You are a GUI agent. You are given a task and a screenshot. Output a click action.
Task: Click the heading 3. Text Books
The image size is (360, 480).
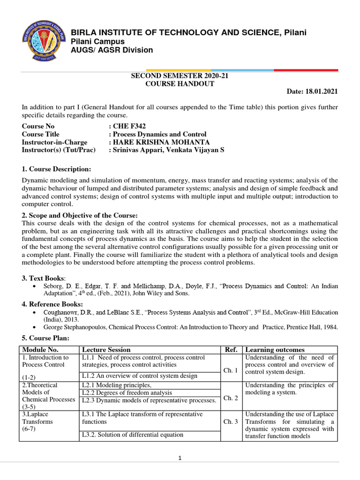pyautogui.click(x=44, y=278)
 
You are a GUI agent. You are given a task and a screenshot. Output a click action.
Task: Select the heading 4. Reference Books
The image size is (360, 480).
pyautogui.click(x=52, y=304)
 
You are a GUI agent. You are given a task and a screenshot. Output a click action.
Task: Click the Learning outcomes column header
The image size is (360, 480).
pyautogui.click(x=275, y=350)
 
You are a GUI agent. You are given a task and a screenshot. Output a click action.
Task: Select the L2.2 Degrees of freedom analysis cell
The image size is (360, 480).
pyautogui.click(x=127, y=392)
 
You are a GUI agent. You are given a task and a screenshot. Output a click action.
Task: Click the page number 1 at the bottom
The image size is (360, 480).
pyautogui.click(x=180, y=458)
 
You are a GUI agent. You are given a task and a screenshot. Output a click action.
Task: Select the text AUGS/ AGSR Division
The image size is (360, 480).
pyautogui.click(x=111, y=50)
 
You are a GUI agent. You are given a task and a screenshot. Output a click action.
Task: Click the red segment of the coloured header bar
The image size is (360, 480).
pyautogui.click(x=306, y=70)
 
